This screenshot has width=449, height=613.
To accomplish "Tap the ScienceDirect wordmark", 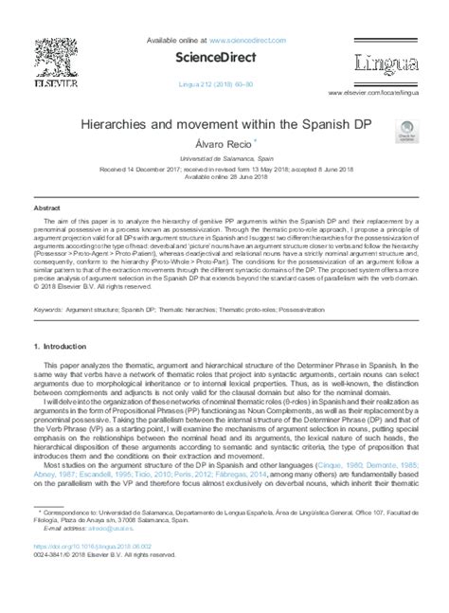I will coord(225,57).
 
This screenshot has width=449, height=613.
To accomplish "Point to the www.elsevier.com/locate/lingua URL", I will coord(376,93).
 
